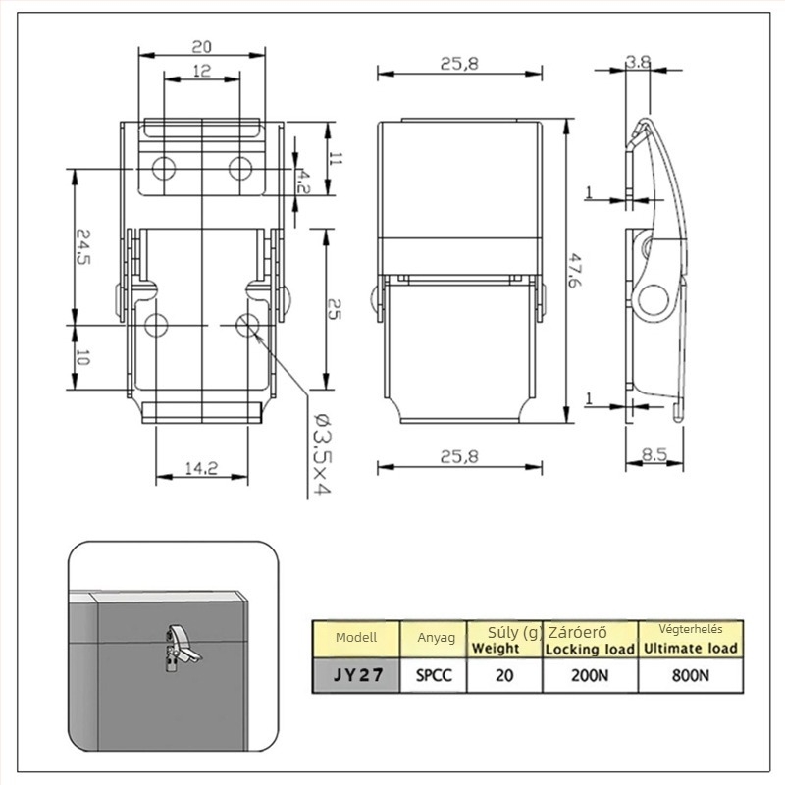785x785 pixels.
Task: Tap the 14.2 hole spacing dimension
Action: pos(201,469)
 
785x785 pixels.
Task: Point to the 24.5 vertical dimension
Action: pos(83,247)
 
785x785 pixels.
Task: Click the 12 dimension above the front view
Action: pos(202,71)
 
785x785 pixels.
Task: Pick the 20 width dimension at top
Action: pos(201,47)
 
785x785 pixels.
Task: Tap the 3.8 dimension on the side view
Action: pos(639,62)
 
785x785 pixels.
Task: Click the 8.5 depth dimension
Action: pos(654,454)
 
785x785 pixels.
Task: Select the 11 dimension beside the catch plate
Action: pos(336,159)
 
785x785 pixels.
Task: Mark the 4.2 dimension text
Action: pos(303,182)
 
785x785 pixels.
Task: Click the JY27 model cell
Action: pos(357,675)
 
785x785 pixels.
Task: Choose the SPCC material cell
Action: pos(434,675)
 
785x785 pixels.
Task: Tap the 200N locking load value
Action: pos(590,675)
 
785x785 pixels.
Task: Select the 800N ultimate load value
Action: pos(691,675)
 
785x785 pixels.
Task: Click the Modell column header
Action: pos(356,637)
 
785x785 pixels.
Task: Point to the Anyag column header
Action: pos(436,638)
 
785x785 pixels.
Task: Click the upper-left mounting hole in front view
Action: pos(164,168)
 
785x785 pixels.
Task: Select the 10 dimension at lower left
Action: pos(83,357)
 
